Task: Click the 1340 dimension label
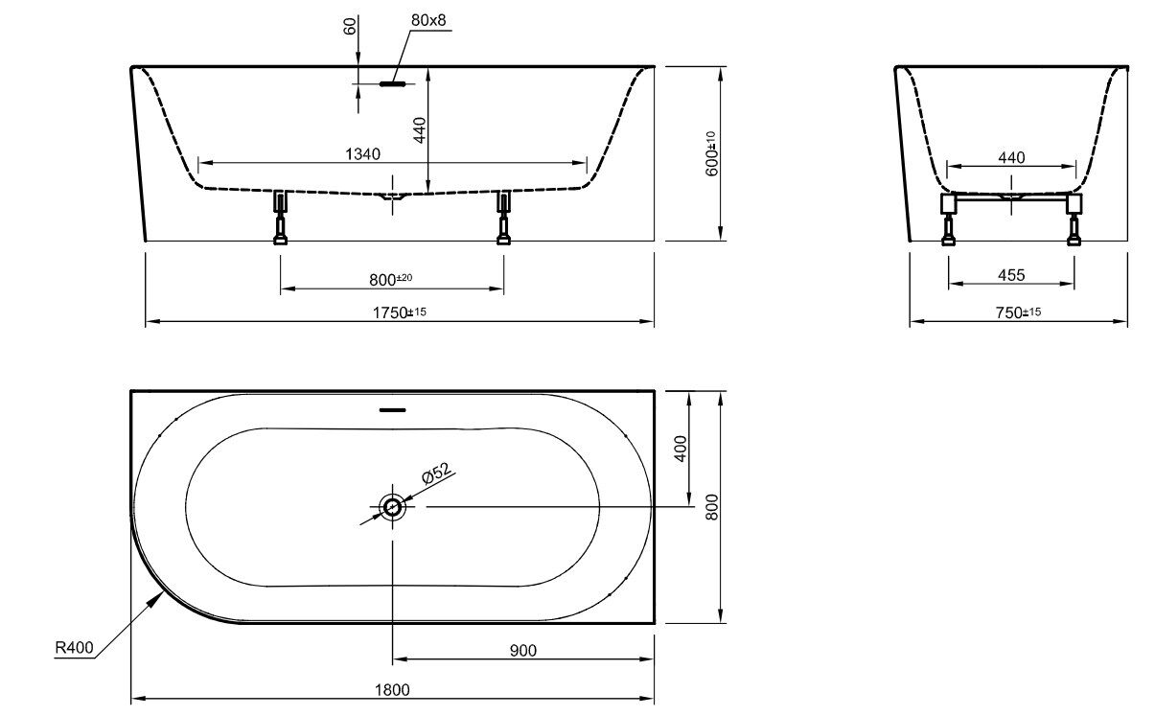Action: tap(362, 154)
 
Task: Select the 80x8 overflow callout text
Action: tap(428, 20)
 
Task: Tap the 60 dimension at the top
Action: tap(350, 26)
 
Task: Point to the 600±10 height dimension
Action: tap(711, 153)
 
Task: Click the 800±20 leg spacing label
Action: tap(390, 279)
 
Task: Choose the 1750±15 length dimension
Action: tap(399, 312)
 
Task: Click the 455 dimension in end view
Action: tap(1011, 275)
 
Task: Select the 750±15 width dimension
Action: tap(1018, 312)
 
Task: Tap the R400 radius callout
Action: tap(74, 647)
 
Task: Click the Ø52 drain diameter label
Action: tap(436, 473)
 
